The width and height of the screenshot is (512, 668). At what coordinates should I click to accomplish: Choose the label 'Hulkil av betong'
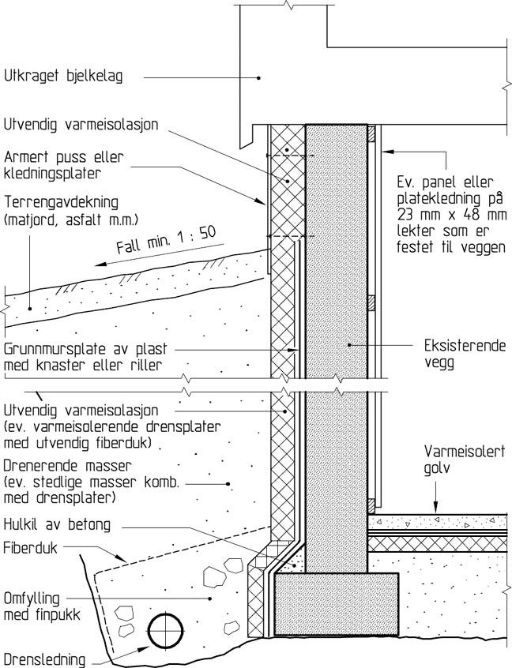click(55, 524)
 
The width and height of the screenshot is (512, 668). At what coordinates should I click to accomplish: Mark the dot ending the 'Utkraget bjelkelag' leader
click(259, 77)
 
